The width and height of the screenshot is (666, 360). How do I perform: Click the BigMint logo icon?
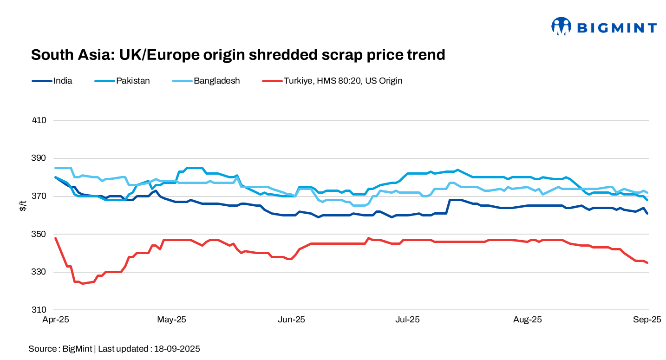point(561,26)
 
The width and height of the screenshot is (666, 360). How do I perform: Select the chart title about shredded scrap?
point(238,55)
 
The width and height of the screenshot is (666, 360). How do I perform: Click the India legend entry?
point(63,80)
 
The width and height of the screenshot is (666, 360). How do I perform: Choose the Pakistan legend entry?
point(133,80)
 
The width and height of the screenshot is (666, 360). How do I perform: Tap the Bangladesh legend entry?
point(216,80)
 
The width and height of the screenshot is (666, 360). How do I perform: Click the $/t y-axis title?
point(23,206)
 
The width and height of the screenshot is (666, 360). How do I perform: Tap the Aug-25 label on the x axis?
point(527,320)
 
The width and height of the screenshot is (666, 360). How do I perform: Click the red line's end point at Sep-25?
point(647,262)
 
